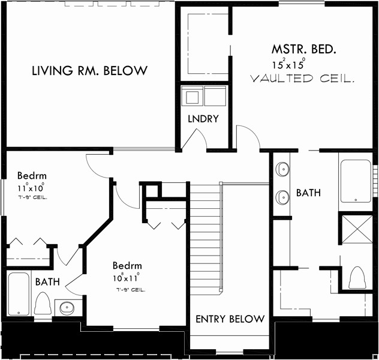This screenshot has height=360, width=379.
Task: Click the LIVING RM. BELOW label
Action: click(89, 71)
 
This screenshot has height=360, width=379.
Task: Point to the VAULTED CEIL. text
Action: click(302, 79)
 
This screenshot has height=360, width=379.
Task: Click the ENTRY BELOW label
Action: click(230, 319)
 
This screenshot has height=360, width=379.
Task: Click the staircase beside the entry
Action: click(205, 240)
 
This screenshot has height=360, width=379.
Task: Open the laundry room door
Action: click(193, 139)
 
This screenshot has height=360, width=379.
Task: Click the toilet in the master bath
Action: click(357, 277)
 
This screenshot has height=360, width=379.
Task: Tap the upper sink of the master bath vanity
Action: click(282, 170)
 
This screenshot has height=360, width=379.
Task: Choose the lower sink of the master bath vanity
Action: click(282, 196)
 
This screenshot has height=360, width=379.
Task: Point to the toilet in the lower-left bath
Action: click(42, 303)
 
